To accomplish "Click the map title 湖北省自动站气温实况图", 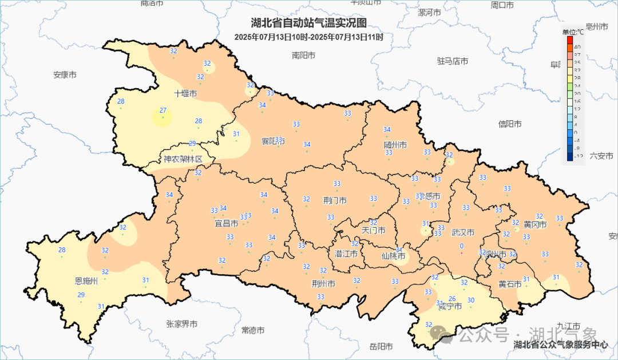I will coord(308,23).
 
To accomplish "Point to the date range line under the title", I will coord(308,37).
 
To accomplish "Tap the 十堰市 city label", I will coord(186,93).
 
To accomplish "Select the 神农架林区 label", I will coord(183,159).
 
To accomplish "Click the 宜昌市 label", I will coord(226,223).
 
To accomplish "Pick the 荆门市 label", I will coord(335,201).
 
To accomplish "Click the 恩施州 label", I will coord(86,281).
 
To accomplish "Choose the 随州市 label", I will coord(395,145).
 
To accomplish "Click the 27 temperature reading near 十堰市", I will coord(163,110).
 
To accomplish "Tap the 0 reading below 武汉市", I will coord(461,246).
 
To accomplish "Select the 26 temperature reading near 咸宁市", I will coord(452,299).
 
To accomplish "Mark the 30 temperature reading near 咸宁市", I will coord(471,300).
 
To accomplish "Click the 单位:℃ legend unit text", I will coord(573,31).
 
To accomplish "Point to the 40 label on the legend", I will coord(577,47).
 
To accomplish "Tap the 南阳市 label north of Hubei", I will coord(303,56).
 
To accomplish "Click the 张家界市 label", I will coord(182,324).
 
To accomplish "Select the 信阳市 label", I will coord(510,124).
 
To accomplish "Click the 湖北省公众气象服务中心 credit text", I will coord(561,345).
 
